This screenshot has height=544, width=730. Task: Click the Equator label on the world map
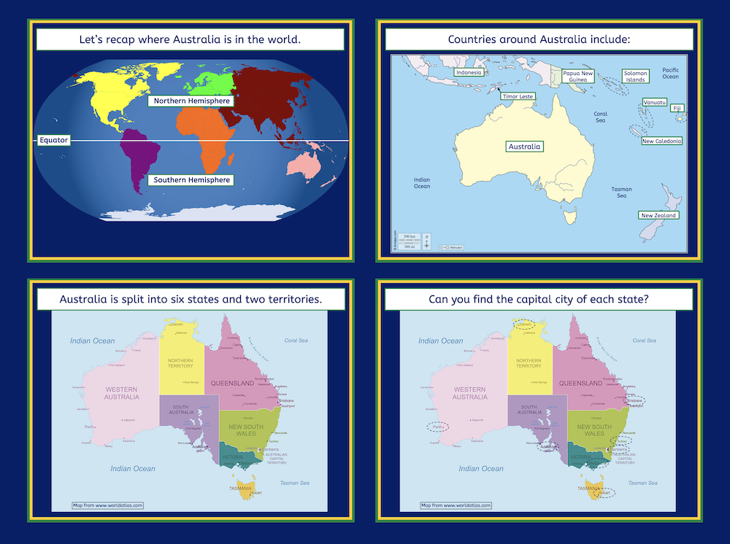pos(54,140)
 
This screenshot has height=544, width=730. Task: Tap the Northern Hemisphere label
pos(191,101)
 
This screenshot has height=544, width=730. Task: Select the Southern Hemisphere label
pos(191,179)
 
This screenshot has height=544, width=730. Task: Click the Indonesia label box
pos(468,72)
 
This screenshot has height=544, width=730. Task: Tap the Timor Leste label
pos(518,96)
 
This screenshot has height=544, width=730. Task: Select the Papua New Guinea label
pos(578,77)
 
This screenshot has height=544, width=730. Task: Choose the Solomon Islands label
pos(635,77)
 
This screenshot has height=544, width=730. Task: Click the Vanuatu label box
pos(654,102)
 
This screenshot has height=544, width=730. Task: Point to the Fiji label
pos(677,109)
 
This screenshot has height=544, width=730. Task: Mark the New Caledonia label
pos(661,141)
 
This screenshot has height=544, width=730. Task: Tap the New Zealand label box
pos(658,215)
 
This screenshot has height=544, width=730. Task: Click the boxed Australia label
pos(525,147)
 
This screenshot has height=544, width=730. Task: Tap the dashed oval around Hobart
pos(603,493)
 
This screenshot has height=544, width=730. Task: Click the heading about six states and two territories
pos(191,299)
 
